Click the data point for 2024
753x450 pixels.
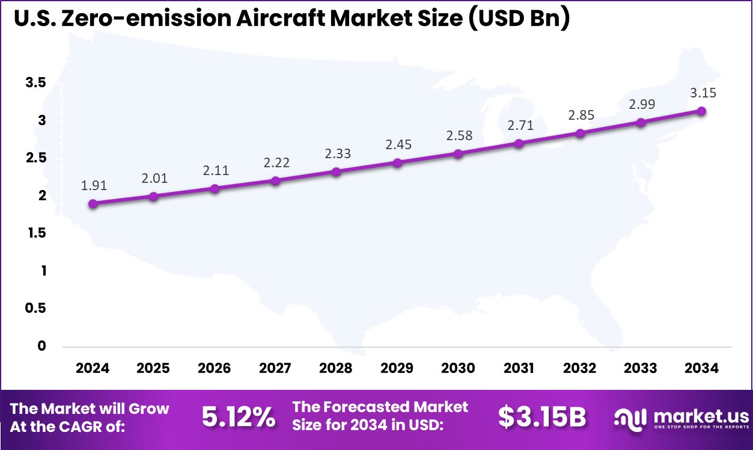[93, 204]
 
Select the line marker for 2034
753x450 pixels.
[701, 111]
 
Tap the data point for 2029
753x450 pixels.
[397, 163]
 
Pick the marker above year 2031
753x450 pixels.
[519, 143]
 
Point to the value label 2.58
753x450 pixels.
[459, 136]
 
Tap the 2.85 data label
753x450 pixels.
[581, 116]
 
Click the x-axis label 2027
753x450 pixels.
[275, 368]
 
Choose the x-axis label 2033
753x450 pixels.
[641, 368]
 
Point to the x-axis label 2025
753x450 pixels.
[153, 368]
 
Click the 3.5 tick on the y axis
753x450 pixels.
[35, 83]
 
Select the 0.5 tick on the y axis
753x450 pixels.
[35, 308]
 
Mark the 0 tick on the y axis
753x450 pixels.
[41, 346]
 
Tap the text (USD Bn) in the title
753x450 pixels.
[517, 19]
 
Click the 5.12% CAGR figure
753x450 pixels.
[239, 417]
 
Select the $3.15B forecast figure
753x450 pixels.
[541, 417]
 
